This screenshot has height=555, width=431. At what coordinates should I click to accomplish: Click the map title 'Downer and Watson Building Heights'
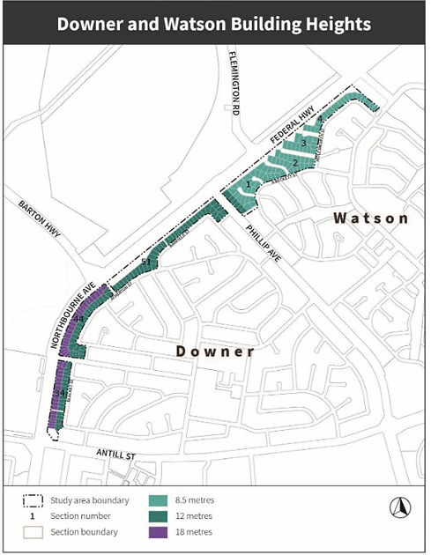click(x=214, y=24)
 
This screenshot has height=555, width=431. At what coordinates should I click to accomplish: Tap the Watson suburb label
click(x=370, y=218)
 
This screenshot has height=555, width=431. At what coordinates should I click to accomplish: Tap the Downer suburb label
click(x=215, y=351)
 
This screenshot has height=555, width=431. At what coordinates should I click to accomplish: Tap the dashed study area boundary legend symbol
click(x=33, y=499)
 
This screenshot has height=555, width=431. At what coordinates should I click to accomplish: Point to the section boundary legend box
click(x=33, y=532)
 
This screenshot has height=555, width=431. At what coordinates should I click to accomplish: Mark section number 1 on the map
click(x=249, y=185)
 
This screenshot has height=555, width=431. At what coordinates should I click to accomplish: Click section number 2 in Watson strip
click(x=295, y=163)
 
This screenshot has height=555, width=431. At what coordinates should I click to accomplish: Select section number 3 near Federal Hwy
click(x=303, y=142)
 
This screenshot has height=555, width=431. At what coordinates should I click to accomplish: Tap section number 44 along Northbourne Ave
click(x=78, y=318)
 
